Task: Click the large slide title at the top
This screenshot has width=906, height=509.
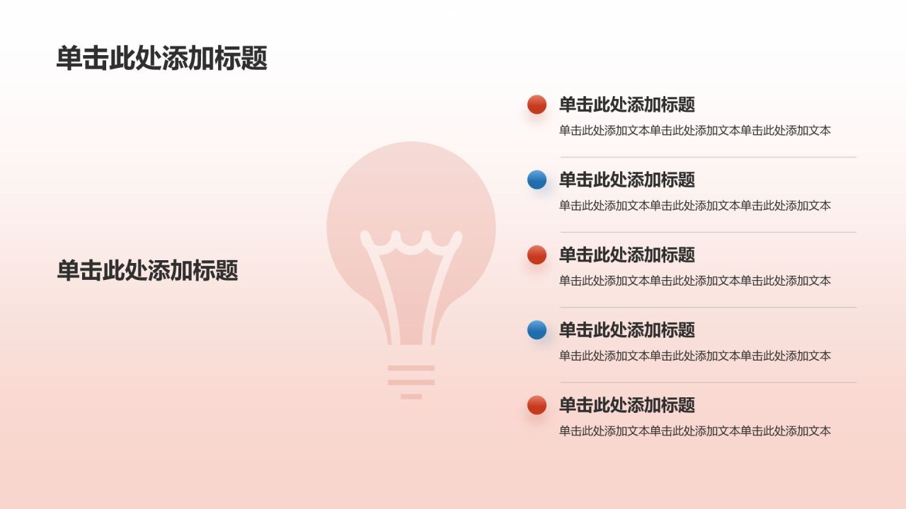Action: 161,59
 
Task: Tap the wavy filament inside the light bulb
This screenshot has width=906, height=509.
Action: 411,242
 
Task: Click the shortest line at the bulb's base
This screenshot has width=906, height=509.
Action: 411,397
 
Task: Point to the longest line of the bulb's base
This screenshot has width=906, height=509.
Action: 411,368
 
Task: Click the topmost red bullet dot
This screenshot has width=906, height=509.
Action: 537,105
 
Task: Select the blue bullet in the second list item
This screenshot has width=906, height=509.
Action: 537,180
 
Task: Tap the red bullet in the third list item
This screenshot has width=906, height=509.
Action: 537,255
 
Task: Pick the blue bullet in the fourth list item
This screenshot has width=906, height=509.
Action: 537,329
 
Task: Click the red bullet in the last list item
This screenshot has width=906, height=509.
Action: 537,405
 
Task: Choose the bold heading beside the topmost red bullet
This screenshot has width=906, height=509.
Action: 627,105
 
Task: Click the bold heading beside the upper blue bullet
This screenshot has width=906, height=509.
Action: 627,180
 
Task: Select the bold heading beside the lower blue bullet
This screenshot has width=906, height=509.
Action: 627,329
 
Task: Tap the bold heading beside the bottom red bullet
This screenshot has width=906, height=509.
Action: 627,405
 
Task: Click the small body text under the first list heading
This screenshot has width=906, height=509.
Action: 694,131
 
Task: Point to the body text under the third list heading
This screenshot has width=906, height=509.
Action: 694,281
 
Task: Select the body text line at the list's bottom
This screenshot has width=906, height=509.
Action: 694,431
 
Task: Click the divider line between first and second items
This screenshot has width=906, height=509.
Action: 708,157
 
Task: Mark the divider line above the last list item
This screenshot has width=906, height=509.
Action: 708,382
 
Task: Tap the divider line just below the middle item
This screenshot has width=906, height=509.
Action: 708,308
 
